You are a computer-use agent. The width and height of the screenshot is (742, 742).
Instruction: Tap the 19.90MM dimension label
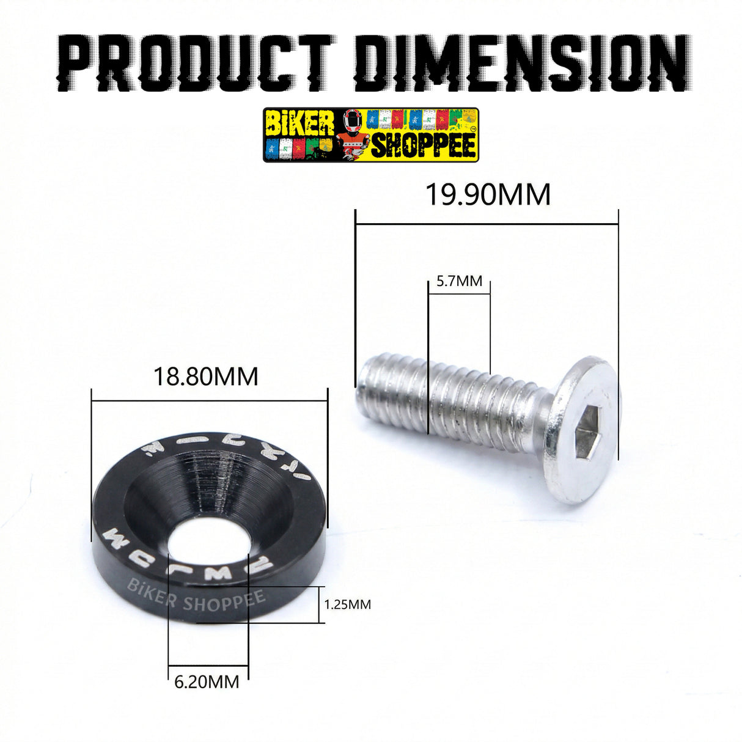pos(488,195)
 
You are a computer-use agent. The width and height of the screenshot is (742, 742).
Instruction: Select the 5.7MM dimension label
pos(459,281)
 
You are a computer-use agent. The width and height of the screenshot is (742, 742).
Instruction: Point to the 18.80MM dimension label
pos(205,377)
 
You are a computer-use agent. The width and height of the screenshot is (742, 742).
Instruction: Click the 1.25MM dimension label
pos(347,604)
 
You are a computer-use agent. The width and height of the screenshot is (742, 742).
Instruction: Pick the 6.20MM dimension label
pos(207,681)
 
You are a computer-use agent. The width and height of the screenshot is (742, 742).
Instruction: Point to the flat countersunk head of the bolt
pos(581,428)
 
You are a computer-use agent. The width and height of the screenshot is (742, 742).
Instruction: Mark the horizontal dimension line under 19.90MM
pos(487,224)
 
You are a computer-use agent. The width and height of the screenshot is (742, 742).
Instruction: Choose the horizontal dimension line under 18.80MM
pos(209,402)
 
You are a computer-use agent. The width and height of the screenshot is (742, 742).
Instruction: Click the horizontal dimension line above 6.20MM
pos(208,665)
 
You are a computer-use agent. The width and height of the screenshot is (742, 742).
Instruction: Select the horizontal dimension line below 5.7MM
pos(459,294)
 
